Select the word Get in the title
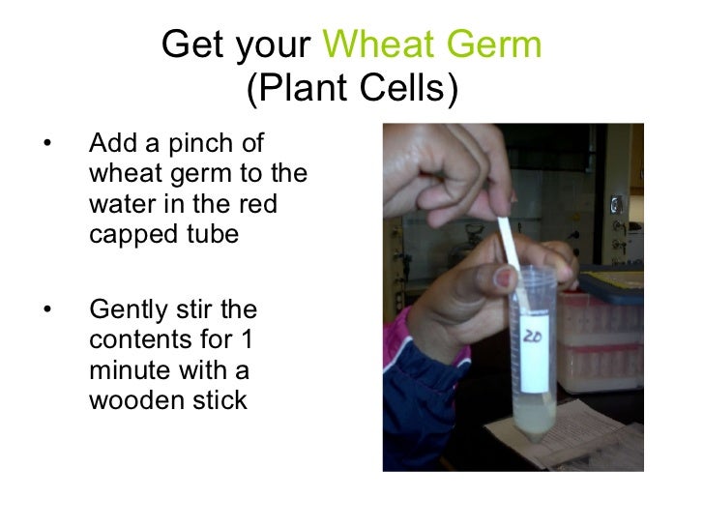pos(190,44)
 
